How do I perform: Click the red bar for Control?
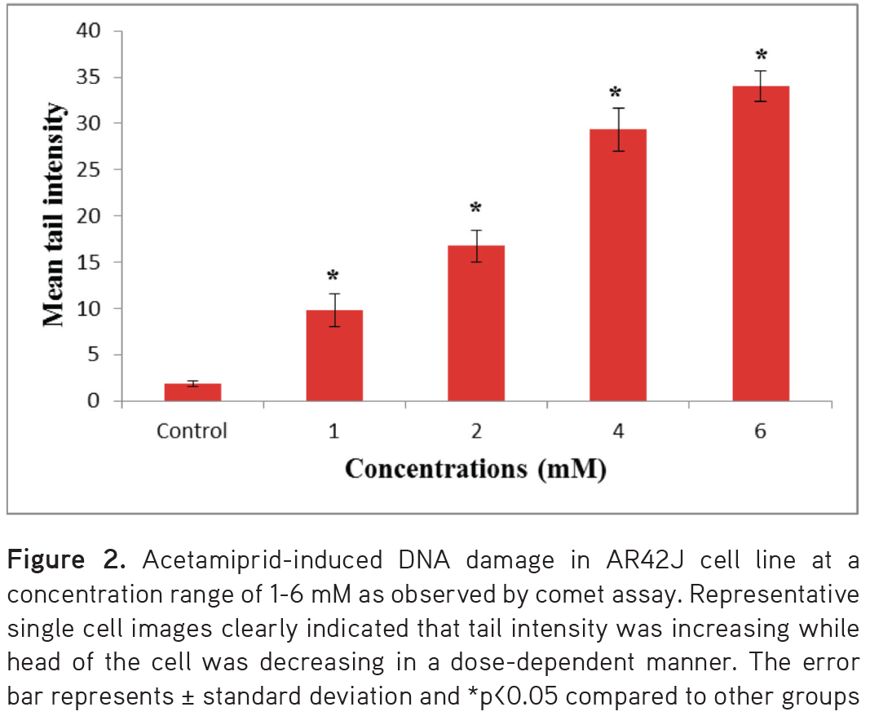coord(192,392)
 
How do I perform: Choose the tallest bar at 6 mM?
coord(760,244)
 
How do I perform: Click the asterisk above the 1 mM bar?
coord(333,276)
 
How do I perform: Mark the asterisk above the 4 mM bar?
coord(616,92)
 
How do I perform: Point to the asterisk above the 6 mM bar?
coord(761,55)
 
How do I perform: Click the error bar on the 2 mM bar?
coord(476,245)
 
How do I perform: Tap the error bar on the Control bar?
coord(192,383)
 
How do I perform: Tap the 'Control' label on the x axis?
coord(192,431)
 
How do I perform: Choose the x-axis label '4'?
coord(618,431)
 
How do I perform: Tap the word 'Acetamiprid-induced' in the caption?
coord(255,561)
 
